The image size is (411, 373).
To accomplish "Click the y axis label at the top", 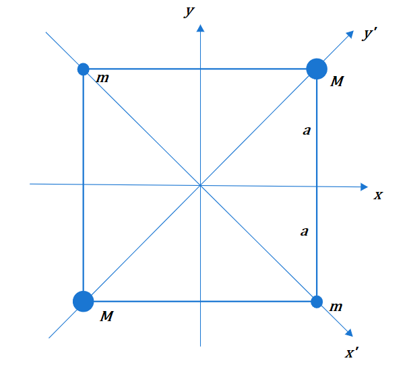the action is point(189,11).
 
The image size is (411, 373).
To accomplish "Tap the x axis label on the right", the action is point(378,195).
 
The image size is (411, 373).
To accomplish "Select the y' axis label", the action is point(370,34).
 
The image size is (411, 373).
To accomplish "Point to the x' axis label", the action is point(352,353).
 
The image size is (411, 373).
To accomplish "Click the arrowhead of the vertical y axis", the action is point(201,28).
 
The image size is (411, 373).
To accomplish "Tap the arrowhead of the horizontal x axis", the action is point(365,187).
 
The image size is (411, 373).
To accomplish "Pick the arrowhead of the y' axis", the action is point(350,34).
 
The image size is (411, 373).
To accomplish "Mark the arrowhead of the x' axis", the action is point(350,333).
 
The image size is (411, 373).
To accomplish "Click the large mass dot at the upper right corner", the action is point(317,69).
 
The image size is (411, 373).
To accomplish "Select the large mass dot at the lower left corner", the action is point(84,302).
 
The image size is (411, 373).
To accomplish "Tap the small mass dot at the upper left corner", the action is point(84,69).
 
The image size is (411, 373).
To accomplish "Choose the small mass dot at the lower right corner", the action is point(317,302).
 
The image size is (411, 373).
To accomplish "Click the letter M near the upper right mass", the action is point(337,81).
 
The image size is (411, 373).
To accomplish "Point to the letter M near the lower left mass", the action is point(107,316).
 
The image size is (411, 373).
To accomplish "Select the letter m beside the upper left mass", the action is point(102,78).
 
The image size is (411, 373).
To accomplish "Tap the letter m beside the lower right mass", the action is point(336,307).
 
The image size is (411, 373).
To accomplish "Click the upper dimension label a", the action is point(307,131).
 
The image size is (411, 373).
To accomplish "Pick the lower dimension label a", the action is point(305,232).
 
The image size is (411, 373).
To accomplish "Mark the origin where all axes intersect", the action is point(201,185).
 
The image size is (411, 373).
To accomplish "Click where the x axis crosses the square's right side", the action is point(317,186).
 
